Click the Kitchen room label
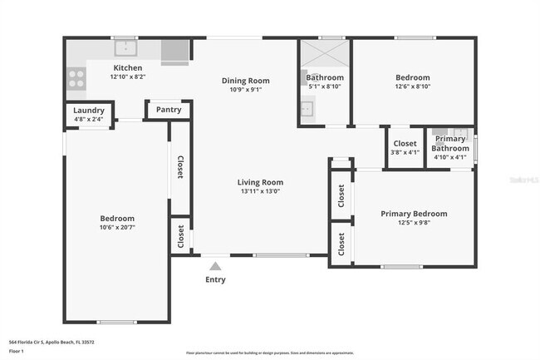[127, 67]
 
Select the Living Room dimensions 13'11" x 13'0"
[260, 191]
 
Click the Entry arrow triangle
[215, 266]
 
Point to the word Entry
[215, 279]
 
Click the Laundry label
[88, 111]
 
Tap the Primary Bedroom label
[414, 214]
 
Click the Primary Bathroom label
[451, 143]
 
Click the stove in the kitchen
[76, 78]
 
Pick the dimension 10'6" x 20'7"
[116, 227]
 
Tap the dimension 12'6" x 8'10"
[412, 86]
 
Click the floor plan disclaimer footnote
[269, 353]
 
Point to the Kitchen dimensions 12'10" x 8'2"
[127, 76]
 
